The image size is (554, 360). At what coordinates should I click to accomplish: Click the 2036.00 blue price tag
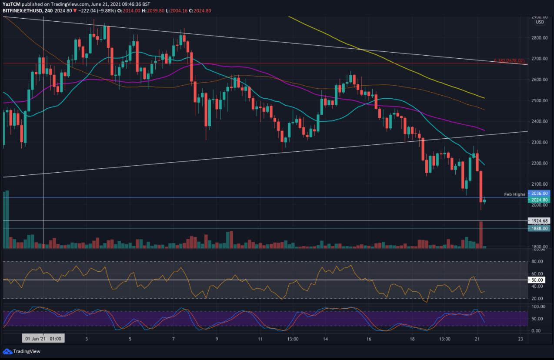coord(537,193)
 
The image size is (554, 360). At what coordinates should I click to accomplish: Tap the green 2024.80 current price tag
coord(537,200)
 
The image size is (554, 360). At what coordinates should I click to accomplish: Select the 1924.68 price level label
coord(537,220)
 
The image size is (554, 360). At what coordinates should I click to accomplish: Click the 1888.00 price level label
coord(537,228)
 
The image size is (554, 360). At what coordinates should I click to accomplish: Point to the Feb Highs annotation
coord(514,194)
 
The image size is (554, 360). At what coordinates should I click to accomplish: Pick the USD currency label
coord(540,22)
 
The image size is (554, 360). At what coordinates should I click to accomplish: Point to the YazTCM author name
coord(11,4)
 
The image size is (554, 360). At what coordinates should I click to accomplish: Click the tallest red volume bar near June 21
coord(481,234)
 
